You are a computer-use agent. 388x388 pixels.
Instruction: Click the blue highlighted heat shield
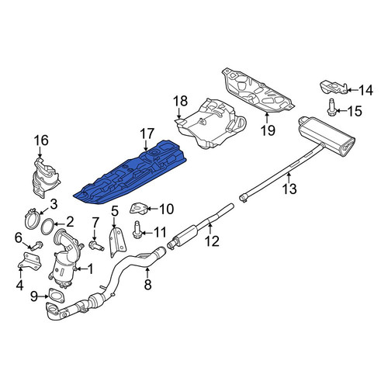tap(130, 173)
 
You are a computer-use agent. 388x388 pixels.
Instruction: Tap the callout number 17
tap(147, 134)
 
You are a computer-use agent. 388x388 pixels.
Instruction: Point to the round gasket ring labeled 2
tap(47, 227)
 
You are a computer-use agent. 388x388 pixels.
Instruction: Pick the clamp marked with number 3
tap(32, 219)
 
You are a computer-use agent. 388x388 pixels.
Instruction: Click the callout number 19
tap(268, 130)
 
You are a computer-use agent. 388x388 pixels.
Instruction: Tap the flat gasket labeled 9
tap(56, 295)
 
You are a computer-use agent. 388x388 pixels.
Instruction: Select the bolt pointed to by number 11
tap(137, 229)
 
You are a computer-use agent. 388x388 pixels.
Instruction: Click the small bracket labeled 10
tap(139, 209)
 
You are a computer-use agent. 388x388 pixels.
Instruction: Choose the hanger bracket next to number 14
tap(333, 87)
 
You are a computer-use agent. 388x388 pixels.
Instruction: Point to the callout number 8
tap(147, 285)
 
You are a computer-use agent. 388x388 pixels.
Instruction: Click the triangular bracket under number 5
tap(118, 242)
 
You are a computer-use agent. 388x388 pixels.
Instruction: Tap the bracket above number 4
tap(29, 261)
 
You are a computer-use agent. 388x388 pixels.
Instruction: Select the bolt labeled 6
tap(36, 246)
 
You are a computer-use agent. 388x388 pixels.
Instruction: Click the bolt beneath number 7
tap(96, 245)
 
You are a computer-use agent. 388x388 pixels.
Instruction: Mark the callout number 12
tap(212, 241)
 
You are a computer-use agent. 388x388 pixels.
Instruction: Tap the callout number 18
tap(180, 101)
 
